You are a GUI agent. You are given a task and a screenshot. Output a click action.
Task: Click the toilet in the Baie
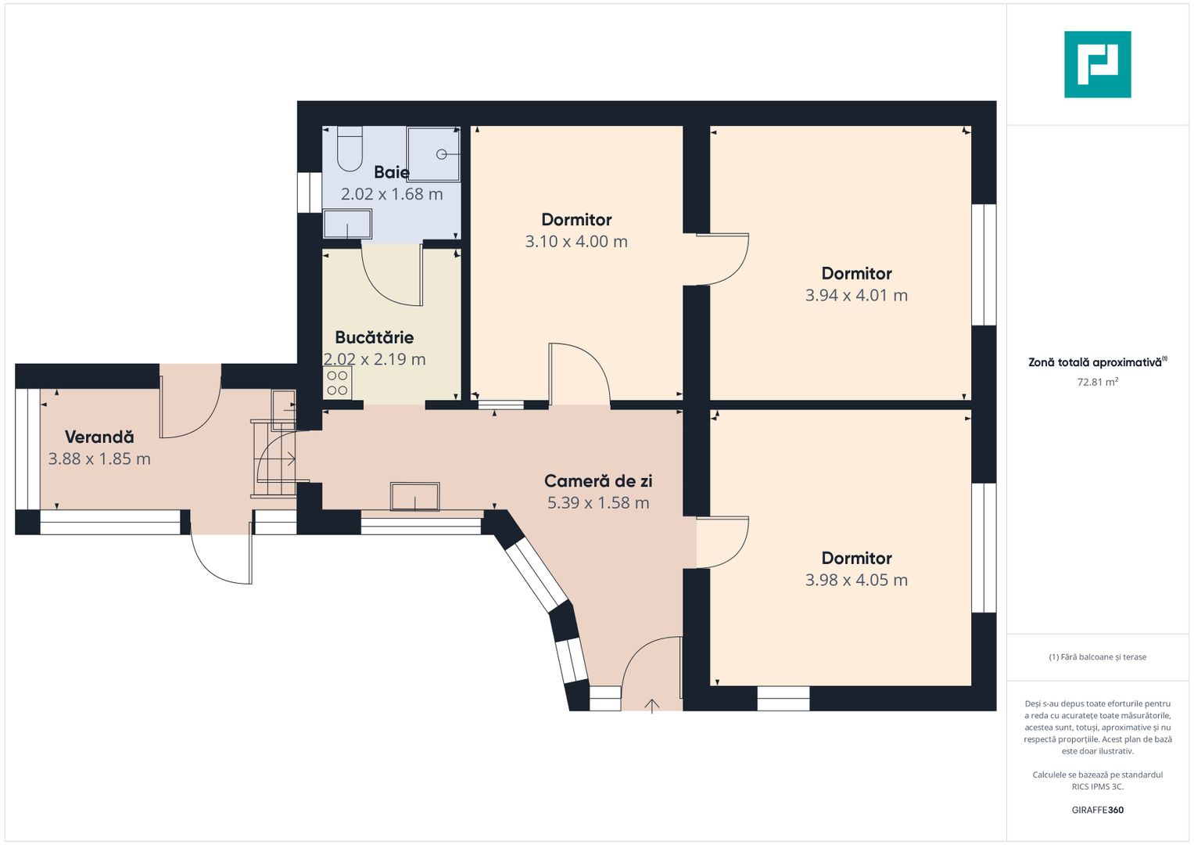point(350,149)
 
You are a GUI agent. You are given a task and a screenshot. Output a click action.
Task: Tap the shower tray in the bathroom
point(433,154)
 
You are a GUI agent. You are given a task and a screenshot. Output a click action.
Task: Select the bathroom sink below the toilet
point(347,224)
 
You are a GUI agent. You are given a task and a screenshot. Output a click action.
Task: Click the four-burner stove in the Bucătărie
point(338,383)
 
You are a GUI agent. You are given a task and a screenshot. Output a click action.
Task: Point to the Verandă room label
point(99,437)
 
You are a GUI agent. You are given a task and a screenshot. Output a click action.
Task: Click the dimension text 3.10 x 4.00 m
point(576,242)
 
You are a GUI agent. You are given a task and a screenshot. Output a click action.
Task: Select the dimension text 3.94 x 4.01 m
point(856,296)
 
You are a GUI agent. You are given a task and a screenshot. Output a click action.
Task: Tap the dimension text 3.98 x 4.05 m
point(856,580)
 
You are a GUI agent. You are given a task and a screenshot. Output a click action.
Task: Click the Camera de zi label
point(598,481)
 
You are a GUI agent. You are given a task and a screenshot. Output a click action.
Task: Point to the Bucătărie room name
point(375,337)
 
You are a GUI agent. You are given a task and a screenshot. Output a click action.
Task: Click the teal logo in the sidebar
point(1098,64)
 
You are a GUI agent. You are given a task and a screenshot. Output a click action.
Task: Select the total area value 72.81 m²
point(1098,382)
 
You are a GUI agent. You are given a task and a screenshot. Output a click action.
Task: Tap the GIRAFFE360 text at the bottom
point(1098,810)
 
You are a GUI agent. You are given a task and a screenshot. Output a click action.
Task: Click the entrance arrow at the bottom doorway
point(652,706)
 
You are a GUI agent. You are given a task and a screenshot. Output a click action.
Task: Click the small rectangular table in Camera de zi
point(415,496)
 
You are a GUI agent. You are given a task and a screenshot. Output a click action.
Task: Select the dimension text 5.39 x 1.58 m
point(598,503)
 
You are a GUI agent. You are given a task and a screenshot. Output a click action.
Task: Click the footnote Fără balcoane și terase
point(1098,656)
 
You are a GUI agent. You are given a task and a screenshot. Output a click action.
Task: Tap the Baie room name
point(391,172)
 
